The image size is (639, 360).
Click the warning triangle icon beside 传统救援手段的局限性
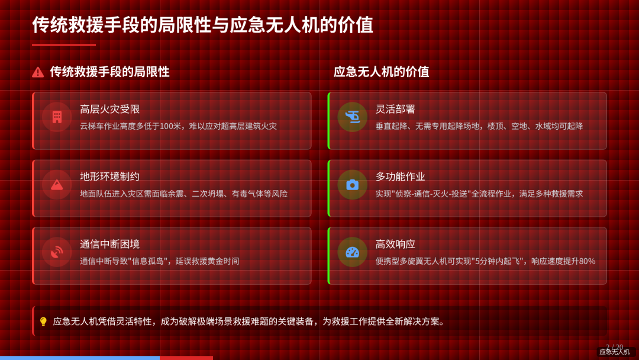pos(38,72)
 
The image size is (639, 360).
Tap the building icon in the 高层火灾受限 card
pos(57,117)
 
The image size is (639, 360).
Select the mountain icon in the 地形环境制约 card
pos(57,185)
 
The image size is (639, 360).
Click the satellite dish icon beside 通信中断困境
pos(57,252)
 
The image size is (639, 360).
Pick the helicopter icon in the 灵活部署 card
pos(352,117)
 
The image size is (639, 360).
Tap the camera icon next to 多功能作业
pos(352,185)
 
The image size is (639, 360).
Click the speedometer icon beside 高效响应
pos(352,252)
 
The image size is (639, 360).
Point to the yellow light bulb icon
pos(43,322)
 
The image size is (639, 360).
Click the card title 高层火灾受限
pos(109,109)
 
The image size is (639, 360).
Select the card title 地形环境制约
pos(109,176)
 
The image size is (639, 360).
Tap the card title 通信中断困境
pos(109,244)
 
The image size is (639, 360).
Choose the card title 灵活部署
pos(395,109)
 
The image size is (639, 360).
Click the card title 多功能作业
pos(400,176)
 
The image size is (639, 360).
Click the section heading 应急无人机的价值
pos(381,72)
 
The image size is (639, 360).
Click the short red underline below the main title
pos(63,45)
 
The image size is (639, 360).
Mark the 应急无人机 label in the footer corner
pos(614,352)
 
